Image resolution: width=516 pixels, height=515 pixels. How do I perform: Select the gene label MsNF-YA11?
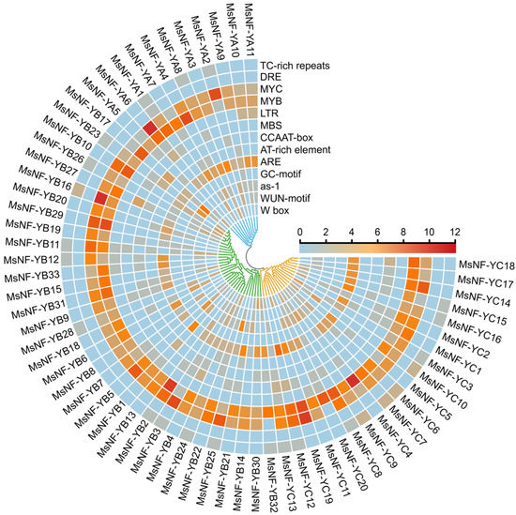tap(250, 26)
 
